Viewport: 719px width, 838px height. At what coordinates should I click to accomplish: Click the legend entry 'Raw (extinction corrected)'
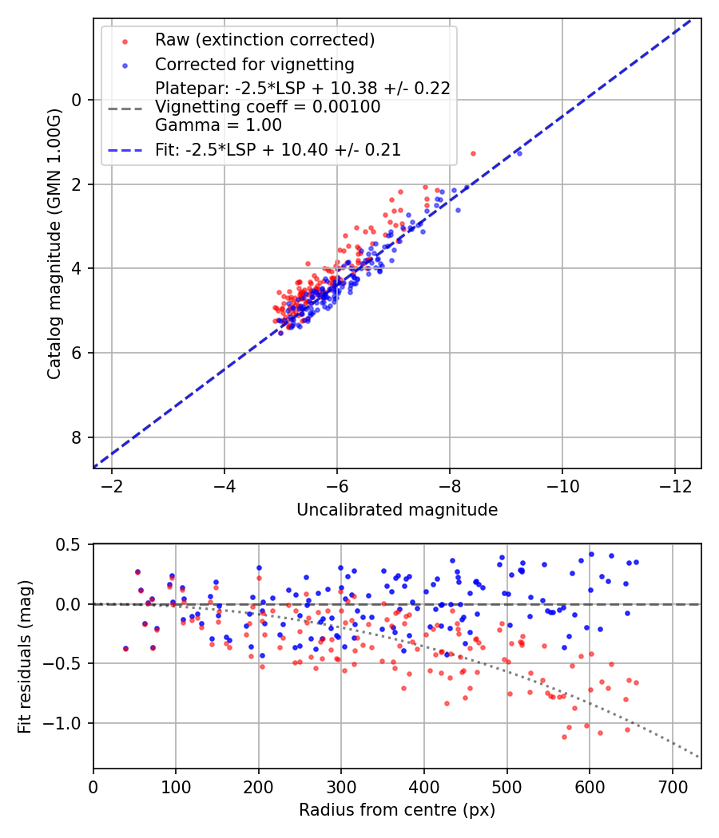point(264,40)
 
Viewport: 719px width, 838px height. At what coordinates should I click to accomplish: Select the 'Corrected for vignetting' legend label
point(255,64)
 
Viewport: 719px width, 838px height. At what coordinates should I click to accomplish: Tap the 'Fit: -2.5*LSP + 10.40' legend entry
point(278,149)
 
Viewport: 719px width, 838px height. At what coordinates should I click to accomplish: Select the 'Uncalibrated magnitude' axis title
point(397,509)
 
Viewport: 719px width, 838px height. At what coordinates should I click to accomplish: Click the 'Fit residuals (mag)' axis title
point(25,656)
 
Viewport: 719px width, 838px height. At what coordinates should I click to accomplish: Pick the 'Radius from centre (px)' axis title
point(397,809)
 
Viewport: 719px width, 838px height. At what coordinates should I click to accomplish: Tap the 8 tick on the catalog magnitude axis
point(77,437)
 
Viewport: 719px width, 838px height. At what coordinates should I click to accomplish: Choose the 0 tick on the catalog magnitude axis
point(77,100)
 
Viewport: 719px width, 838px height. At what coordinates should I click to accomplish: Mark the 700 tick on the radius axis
point(672,788)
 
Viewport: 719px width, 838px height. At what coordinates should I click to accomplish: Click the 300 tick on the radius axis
point(341,788)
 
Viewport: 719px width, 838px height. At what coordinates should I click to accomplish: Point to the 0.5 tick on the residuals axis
point(71,545)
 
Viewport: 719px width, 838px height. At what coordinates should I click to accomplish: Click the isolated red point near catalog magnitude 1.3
point(473,153)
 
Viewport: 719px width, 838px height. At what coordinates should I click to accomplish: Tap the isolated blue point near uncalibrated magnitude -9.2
point(519,152)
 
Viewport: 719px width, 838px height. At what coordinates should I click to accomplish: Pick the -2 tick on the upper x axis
point(112,488)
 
